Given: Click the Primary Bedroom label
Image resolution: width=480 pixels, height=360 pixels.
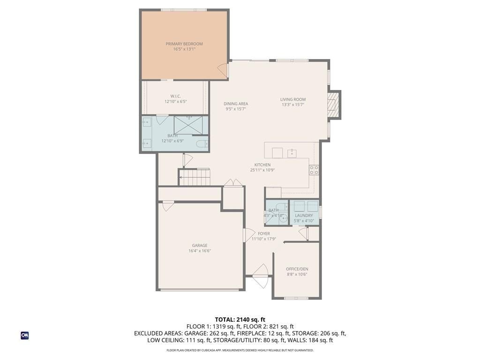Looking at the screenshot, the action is pyautogui.click(x=184, y=44).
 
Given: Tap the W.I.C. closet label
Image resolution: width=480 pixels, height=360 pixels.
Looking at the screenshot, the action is pyautogui.click(x=175, y=96).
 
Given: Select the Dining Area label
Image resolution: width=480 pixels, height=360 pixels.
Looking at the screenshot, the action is pyautogui.click(x=236, y=104).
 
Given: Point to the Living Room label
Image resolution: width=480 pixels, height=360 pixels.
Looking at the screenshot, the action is pyautogui.click(x=293, y=99).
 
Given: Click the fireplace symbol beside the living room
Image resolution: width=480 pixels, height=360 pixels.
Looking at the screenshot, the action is pyautogui.click(x=333, y=105).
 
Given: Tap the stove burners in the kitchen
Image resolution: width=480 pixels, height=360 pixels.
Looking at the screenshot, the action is pyautogui.click(x=314, y=170).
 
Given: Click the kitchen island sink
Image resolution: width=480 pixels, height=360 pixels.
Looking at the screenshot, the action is pyautogui.click(x=292, y=153).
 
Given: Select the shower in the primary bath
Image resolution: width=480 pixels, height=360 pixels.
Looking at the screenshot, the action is pyautogui.click(x=188, y=125).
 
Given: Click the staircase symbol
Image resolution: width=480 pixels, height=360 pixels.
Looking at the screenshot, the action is pyautogui.click(x=195, y=177).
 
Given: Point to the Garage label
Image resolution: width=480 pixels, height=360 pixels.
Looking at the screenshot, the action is pyautogui.click(x=200, y=245).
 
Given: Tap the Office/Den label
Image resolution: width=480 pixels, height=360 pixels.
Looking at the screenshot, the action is pyautogui.click(x=297, y=269).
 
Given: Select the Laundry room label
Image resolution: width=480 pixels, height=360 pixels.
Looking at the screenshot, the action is pyautogui.click(x=304, y=216).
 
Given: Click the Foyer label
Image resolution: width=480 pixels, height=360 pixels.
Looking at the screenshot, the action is pyautogui.click(x=263, y=233).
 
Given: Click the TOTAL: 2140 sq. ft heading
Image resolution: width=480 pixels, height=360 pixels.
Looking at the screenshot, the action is pyautogui.click(x=240, y=320).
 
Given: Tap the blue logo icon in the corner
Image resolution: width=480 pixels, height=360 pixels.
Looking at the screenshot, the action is pyautogui.click(x=25, y=336).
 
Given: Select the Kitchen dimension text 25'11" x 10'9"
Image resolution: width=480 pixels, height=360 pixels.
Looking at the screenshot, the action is pyautogui.click(x=262, y=170).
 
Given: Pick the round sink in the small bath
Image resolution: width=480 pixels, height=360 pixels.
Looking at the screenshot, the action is pyautogui.click(x=284, y=218).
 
